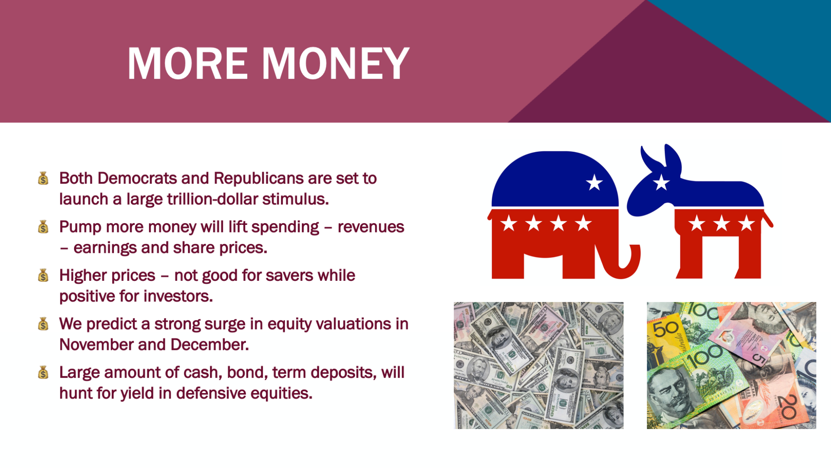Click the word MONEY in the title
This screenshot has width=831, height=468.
(x=335, y=63)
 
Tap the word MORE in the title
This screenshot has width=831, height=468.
(x=187, y=63)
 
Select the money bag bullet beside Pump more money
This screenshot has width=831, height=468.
(x=43, y=227)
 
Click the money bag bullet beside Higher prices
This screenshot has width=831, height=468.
(x=43, y=275)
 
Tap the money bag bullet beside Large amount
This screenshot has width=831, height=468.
(x=43, y=373)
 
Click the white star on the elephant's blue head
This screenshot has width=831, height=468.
(x=594, y=182)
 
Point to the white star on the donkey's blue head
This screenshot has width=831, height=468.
(x=661, y=182)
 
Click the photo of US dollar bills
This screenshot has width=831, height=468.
(x=538, y=366)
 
